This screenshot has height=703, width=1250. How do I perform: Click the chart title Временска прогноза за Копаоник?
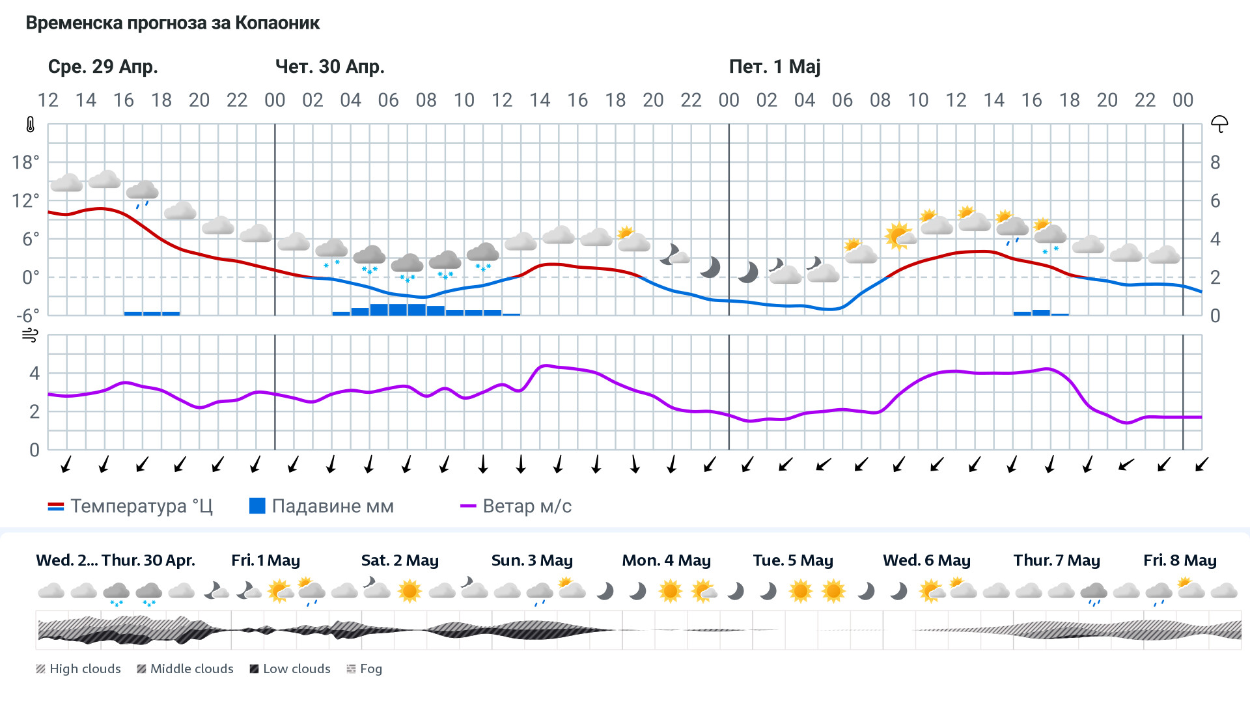pos(173,23)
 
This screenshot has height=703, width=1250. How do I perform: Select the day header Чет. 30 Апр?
pos(329,66)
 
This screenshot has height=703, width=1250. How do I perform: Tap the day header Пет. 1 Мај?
pos(774,66)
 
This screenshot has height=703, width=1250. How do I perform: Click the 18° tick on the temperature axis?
pos(25,162)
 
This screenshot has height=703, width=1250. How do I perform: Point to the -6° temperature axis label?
pos(27,316)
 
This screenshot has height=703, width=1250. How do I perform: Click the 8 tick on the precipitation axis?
pos(1215,162)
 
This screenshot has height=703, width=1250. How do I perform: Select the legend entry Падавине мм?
pos(322,506)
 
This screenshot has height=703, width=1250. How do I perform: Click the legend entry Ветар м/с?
pos(516,506)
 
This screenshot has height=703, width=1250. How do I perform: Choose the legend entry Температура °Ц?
pos(130,506)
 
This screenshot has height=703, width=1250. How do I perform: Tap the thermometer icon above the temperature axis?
pos(31,124)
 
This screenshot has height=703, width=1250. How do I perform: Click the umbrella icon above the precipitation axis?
pos(1219,124)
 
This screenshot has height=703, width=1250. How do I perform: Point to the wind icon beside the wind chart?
pos(30,335)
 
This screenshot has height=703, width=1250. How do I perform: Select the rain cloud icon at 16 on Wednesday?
pos(142,193)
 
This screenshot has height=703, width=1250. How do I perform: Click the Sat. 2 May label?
pos(400,560)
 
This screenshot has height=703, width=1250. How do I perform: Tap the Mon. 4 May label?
pos(666,560)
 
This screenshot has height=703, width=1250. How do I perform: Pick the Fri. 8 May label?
pos(1180,560)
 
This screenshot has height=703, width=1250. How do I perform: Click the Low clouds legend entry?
pos(290,669)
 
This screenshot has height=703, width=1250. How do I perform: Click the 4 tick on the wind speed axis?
pos(35,373)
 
